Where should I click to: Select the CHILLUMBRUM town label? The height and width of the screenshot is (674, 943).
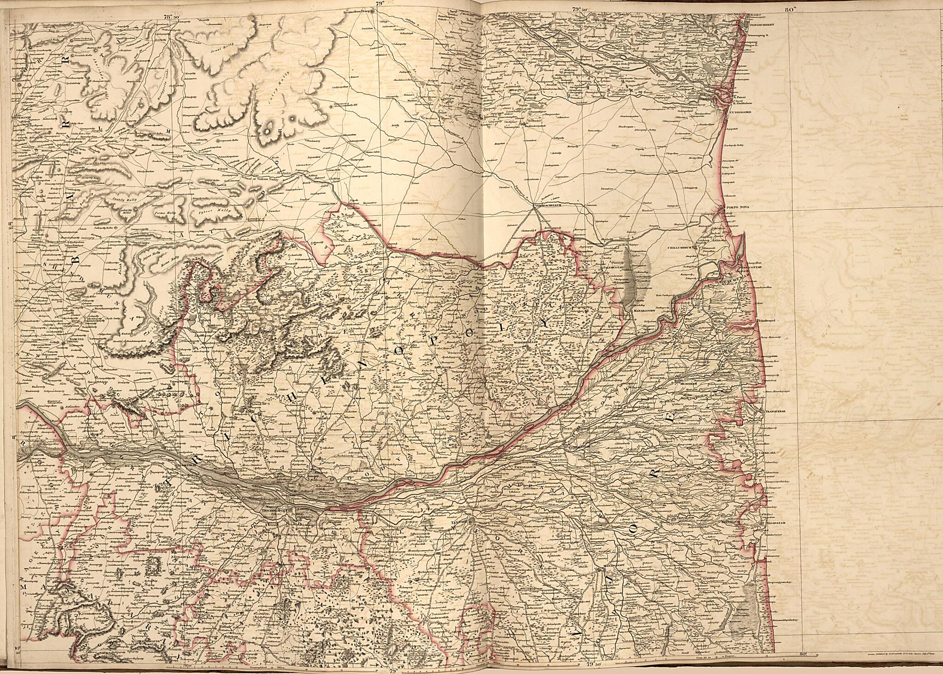pyautogui.click(x=680, y=248)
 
